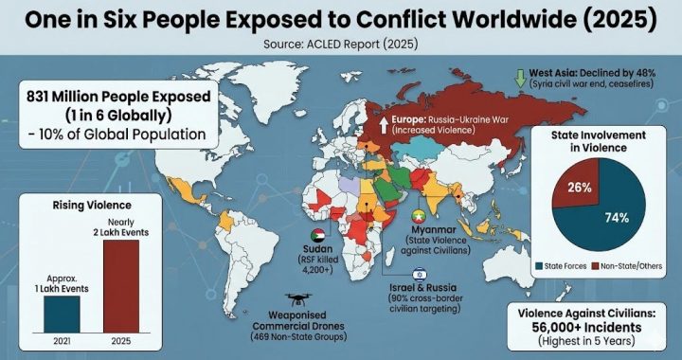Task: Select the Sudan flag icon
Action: pyautogui.click(x=310, y=236)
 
